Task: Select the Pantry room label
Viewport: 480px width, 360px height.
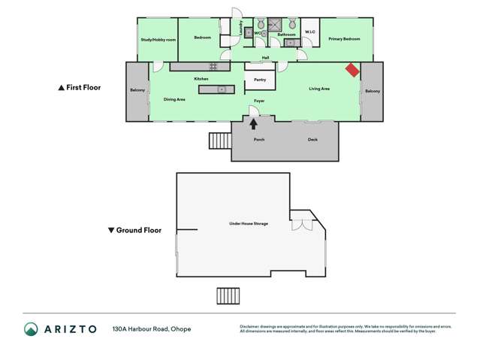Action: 260,79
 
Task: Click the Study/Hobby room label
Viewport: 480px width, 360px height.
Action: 158,39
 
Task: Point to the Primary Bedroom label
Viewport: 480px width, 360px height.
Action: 346,38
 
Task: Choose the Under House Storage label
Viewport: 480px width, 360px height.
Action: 249,224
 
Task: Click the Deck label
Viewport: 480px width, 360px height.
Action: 312,140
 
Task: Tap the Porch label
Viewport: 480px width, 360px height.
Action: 259,140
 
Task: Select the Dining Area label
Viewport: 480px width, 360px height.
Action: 174,99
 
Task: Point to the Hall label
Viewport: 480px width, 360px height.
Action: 265,57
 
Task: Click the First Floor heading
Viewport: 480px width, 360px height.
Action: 80,88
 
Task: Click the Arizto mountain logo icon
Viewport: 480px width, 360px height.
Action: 31,329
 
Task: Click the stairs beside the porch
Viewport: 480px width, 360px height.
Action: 219,141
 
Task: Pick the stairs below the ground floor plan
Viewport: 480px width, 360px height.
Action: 227,295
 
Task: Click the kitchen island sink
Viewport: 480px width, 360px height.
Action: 222,89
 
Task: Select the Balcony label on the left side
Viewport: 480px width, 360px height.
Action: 137,91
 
